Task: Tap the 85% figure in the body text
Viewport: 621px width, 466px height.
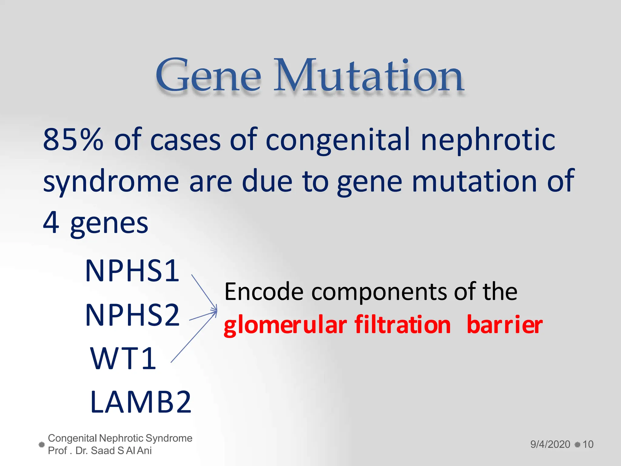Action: click(73, 140)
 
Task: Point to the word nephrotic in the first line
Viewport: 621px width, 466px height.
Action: click(488, 140)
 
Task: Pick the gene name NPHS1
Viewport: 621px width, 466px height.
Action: click(133, 271)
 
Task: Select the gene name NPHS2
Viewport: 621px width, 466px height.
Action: click(133, 315)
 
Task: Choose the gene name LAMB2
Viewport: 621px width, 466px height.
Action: click(141, 402)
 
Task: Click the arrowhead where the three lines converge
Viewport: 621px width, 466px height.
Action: click(216, 310)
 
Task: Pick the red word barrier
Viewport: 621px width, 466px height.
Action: click(505, 325)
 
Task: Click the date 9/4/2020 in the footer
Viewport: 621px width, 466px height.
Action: click(550, 444)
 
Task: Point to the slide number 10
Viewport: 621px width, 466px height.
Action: click(588, 444)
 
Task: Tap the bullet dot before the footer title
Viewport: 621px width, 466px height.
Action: click(42, 444)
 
